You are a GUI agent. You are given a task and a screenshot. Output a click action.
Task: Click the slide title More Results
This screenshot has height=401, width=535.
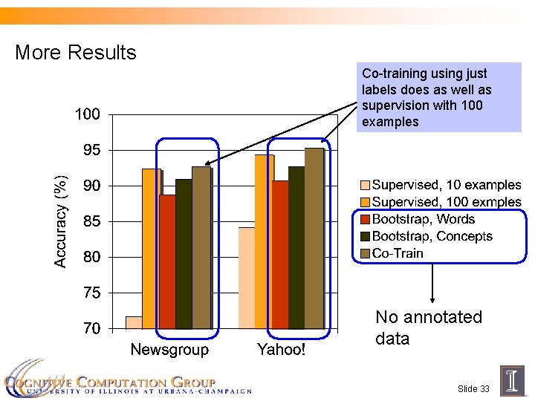[76, 53]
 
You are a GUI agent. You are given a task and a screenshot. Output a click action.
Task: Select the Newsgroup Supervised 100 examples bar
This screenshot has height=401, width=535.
[151, 248]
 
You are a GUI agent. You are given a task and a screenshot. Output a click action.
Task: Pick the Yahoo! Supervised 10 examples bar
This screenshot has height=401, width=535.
[246, 278]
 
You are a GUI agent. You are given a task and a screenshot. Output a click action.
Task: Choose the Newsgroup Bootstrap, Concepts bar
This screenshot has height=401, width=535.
[184, 253]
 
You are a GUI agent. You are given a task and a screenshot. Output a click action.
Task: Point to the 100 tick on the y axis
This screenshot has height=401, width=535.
[88, 115]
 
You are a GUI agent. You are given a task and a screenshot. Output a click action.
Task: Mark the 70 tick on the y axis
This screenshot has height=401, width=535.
[91, 328]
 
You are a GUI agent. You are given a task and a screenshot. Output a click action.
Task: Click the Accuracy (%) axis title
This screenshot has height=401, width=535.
[62, 221]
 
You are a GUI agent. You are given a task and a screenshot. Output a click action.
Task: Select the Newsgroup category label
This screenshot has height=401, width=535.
[169, 350]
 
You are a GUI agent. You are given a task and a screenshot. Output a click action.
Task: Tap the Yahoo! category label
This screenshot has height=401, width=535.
[281, 350]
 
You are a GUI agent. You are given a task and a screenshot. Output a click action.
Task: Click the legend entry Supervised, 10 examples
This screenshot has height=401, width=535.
[447, 185]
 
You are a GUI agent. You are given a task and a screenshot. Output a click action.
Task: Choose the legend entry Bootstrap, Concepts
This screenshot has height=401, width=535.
[432, 236]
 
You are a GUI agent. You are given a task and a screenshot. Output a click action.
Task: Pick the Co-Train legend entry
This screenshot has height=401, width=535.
[398, 253]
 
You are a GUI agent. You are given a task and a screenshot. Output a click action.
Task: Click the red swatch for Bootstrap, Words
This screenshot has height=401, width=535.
[365, 219]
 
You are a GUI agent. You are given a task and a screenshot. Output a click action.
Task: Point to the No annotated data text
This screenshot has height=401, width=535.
[428, 327]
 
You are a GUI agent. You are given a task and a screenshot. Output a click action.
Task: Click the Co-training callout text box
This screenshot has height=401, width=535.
[432, 97]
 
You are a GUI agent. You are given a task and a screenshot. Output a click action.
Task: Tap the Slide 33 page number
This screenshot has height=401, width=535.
[473, 389]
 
